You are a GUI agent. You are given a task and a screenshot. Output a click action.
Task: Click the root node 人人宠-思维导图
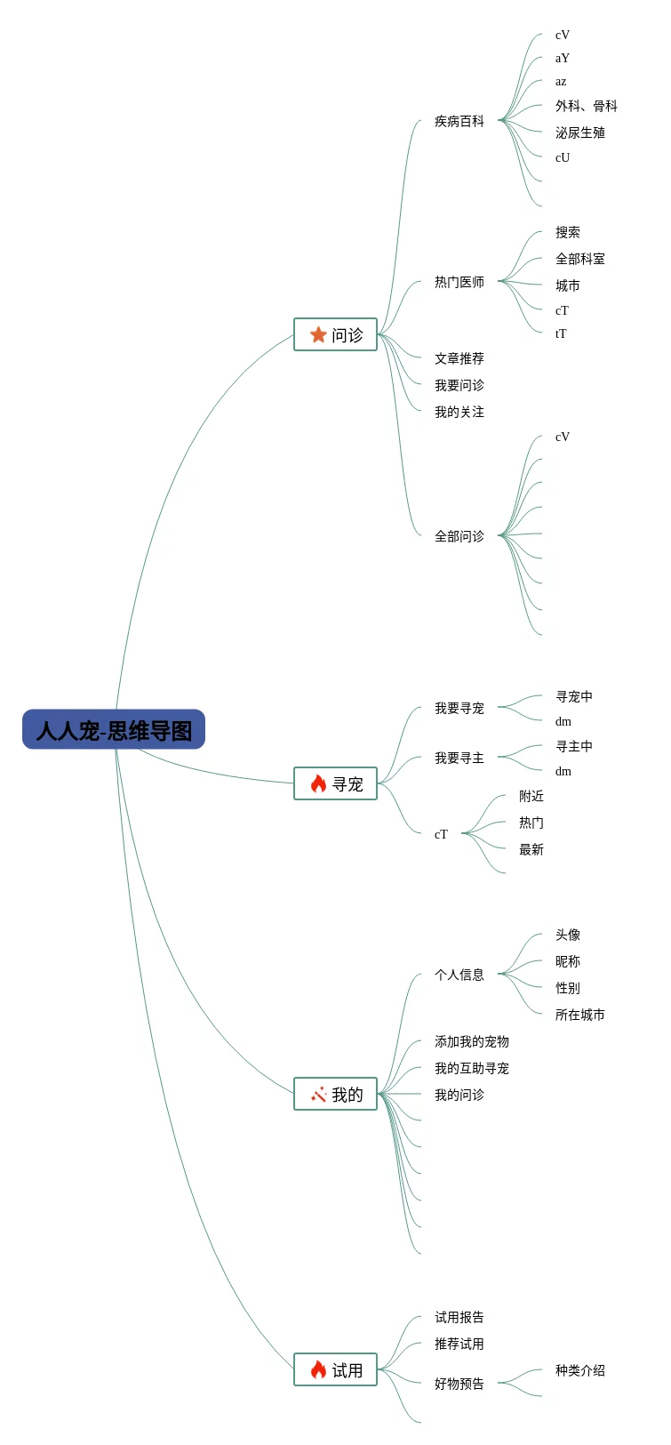point(114,730)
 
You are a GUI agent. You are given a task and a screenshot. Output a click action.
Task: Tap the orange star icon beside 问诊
point(318,334)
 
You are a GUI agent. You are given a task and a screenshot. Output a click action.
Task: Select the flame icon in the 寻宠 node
point(318,783)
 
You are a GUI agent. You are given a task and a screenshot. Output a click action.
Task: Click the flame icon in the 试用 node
point(318,1369)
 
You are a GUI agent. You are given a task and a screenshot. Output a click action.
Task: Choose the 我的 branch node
point(336,1094)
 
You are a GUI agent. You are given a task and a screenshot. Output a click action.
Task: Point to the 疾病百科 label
point(459,121)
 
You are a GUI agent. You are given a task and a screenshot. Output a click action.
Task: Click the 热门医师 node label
point(459,282)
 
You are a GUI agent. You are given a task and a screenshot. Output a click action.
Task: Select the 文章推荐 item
point(459,358)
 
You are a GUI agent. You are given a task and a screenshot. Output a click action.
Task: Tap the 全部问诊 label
point(459,536)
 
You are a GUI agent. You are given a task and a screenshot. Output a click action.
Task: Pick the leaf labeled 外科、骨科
point(586,106)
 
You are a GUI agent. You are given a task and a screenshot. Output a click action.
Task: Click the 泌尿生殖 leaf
point(579,132)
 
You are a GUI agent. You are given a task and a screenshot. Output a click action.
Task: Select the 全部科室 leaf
point(579,259)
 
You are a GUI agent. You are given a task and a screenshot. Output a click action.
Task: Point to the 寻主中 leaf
point(573,746)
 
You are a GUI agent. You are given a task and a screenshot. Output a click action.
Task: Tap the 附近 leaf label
point(531,796)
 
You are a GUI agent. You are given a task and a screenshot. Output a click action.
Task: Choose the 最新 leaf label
point(531,849)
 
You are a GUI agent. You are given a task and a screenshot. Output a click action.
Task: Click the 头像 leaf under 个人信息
point(567,935)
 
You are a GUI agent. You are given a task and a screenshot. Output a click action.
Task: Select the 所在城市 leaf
point(579,1015)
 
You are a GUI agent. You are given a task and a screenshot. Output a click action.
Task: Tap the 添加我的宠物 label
point(471,1041)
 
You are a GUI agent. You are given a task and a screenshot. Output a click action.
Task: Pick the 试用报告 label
point(459,1317)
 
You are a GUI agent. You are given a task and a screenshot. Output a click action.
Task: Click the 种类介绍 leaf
point(579,1370)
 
